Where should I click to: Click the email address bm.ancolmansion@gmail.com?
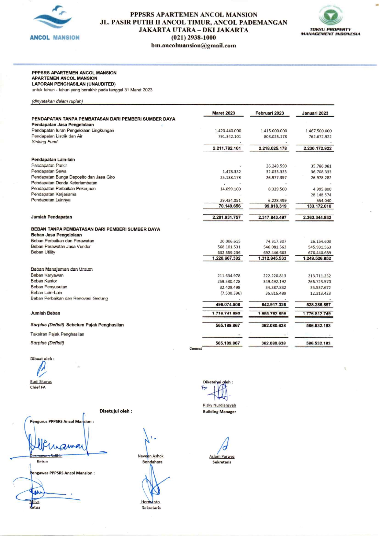[193, 46]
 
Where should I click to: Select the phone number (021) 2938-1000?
[193, 38]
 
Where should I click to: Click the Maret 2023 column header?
[223, 113]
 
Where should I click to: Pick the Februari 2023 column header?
[270, 113]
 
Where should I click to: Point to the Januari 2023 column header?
[315, 113]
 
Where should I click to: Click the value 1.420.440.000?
[228, 131]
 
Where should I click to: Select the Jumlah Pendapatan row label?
[51, 217]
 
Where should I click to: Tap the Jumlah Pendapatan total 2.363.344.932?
[317, 218]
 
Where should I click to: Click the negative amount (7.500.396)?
[231, 293]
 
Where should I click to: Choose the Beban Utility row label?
[43, 252]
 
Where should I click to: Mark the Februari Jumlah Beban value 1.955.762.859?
[272, 314]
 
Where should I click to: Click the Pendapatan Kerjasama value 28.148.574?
[321, 195]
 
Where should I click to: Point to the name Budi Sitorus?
[41, 382]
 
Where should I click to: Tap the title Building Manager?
[219, 412]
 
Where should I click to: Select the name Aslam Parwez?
[222, 457]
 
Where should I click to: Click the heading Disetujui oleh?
[116, 411]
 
